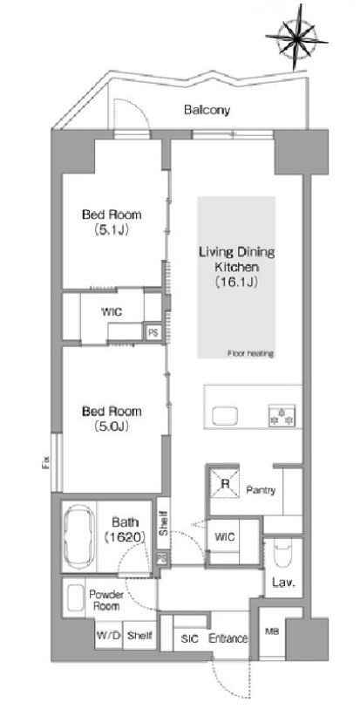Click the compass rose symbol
tap(296, 39)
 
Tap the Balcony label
tap(207, 110)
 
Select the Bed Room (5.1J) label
tap(112, 222)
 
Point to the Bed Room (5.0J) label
tap(112, 419)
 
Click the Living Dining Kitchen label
tap(237, 267)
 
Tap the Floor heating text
tap(250, 353)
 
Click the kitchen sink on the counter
tap(225, 416)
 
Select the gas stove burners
tap(282, 416)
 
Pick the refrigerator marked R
tap(225, 482)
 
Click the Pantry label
tap(261, 490)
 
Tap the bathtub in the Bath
tap(79, 536)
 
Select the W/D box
tap(108, 635)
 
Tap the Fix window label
tap(46, 463)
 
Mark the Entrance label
tap(228, 638)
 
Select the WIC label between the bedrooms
tap(112, 313)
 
